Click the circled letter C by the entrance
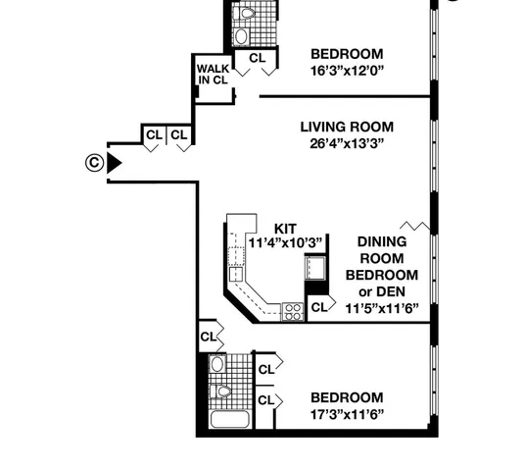pos(92,163)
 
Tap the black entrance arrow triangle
pos(114,163)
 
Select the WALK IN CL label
pos(213,75)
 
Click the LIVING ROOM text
pos(347,127)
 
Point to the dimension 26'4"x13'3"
pos(347,143)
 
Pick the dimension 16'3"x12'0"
pos(347,71)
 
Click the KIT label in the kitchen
pos(285,228)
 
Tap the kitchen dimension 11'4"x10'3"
pos(285,242)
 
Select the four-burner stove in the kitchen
pos(292,312)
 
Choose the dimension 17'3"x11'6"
pos(347,413)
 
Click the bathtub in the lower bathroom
pos(226,423)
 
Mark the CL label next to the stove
pos(318,307)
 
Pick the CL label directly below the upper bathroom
pos(257,59)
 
